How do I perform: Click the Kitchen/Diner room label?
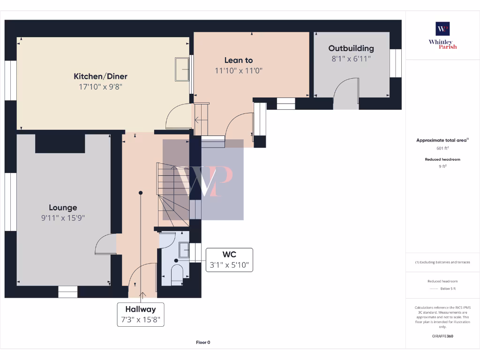pyautogui.click(x=100, y=76)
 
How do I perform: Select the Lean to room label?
pyautogui.click(x=238, y=60)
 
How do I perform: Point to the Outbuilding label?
pyautogui.click(x=351, y=48)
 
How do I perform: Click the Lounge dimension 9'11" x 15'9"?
pyautogui.click(x=63, y=218)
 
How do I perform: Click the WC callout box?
pyautogui.click(x=229, y=260)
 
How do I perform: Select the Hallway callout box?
pyautogui.click(x=140, y=315)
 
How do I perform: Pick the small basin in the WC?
pyautogui.click(x=184, y=250)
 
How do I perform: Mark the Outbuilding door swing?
pyautogui.click(x=345, y=94)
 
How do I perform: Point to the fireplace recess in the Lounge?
pyautogui.click(x=60, y=143)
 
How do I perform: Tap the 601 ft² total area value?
pyautogui.click(x=442, y=148)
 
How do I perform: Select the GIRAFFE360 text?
pyautogui.click(x=442, y=336)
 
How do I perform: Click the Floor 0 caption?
pyautogui.click(x=203, y=342)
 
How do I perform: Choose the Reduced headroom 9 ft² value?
pyautogui.click(x=442, y=166)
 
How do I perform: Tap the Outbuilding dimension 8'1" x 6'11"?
pyautogui.click(x=351, y=59)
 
